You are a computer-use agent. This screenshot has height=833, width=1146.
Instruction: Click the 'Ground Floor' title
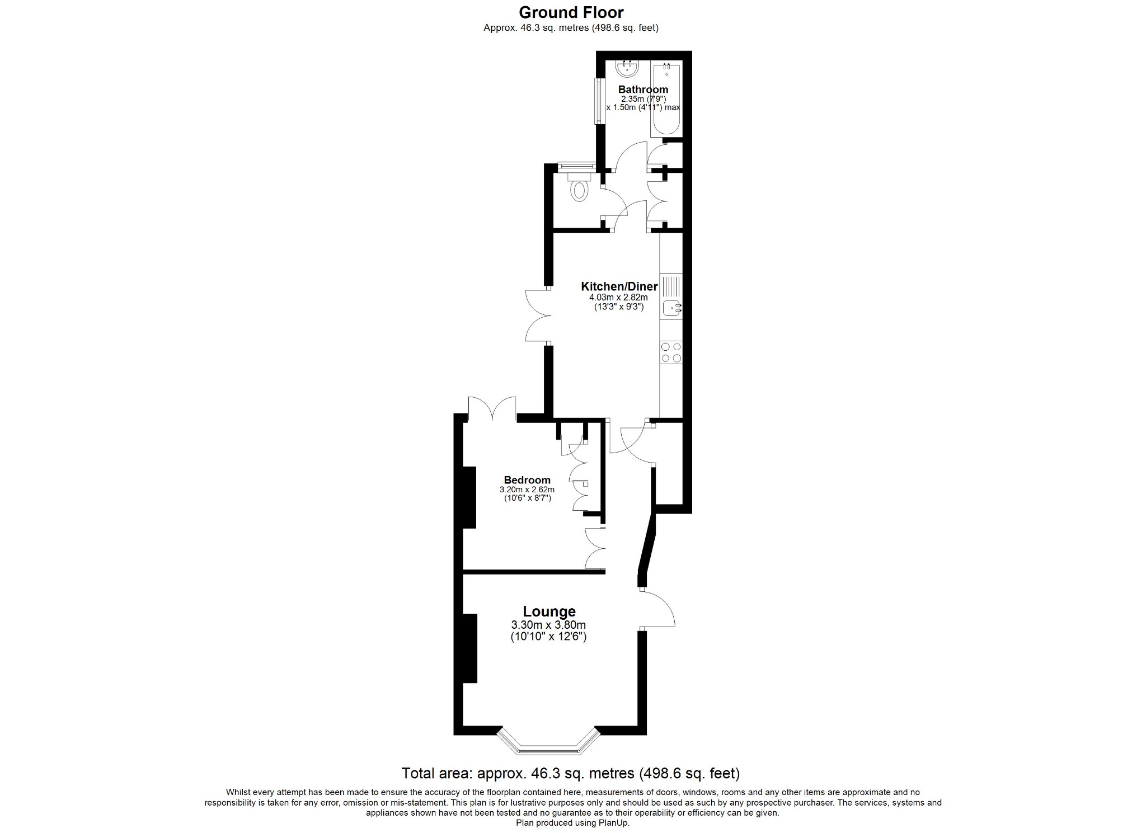pos(571,12)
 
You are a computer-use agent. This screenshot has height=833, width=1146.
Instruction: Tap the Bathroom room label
pos(643,90)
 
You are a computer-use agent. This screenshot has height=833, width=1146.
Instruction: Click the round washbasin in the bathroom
pos(627,69)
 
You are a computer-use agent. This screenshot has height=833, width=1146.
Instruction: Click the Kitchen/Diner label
pos(619,286)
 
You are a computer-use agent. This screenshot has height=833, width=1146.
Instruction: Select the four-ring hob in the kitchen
pos(671,352)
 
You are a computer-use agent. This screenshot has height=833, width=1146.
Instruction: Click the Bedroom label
pos(527,480)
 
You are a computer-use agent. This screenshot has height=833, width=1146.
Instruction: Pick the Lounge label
pos(549,612)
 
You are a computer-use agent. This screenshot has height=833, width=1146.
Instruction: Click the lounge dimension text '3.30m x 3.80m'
pos(548,625)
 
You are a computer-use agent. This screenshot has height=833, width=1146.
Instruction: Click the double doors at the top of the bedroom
pos(492,408)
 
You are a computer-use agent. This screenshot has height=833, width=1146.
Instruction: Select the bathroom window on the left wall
pos(598,101)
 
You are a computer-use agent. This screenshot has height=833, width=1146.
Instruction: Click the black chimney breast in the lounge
pos(469,648)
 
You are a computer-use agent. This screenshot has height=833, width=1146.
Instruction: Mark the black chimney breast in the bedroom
pos(469,497)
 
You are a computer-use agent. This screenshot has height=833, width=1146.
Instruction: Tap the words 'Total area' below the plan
pos(435,773)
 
